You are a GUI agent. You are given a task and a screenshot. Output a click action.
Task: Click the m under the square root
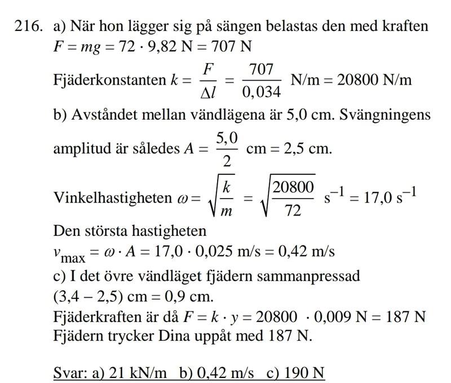[x=226, y=210]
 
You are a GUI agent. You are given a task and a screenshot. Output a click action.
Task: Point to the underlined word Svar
[x=67, y=373]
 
